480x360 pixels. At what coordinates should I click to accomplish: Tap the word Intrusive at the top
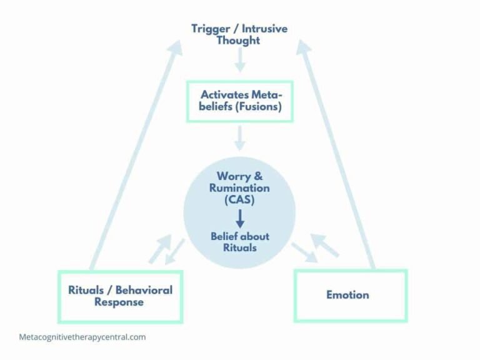pos(266,29)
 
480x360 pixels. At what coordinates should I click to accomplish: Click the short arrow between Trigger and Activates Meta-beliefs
pos(239,61)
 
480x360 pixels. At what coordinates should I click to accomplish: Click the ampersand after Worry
pos(259,177)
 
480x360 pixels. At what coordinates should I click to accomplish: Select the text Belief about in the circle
pos(239,236)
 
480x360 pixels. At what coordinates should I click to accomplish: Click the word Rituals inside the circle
pos(239,247)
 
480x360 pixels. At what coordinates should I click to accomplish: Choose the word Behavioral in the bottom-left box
pos(143,290)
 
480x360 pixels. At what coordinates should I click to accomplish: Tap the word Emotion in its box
pos(347,294)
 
